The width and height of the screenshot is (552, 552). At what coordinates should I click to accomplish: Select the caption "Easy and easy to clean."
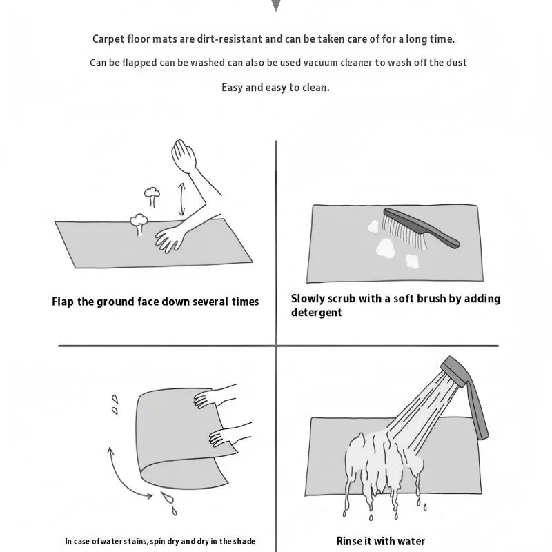(x=275, y=88)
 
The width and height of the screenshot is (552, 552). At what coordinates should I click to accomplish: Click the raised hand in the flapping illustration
(x=184, y=156)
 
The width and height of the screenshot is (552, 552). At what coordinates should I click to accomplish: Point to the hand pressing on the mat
(x=170, y=239)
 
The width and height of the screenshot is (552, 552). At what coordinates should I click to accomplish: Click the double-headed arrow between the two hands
(x=181, y=199)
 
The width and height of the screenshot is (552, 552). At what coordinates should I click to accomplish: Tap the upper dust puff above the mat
(x=152, y=197)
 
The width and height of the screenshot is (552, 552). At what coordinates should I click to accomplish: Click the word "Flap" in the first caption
(x=63, y=302)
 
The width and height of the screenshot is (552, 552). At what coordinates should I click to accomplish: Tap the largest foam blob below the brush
(x=385, y=247)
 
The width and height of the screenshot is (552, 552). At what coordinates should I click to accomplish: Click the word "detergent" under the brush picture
(x=316, y=313)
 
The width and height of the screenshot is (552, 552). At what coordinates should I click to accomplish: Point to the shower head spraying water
(x=454, y=371)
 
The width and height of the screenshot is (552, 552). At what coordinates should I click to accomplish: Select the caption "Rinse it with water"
(x=381, y=541)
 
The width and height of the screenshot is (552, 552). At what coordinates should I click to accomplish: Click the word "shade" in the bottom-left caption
(x=244, y=541)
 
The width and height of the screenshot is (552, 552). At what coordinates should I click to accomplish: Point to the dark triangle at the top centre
(x=276, y=5)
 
